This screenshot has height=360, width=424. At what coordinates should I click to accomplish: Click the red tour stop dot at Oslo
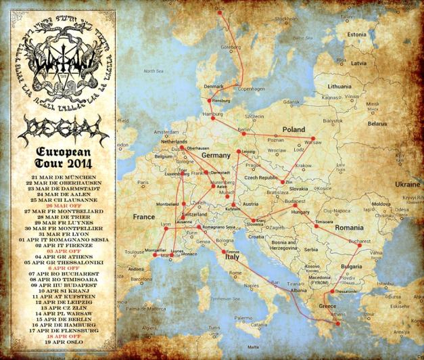(218, 9)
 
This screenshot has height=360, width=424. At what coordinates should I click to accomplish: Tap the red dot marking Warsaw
(312, 139)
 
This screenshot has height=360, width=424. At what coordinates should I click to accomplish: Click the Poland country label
(293, 129)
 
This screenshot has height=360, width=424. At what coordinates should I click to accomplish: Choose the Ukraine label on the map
(407, 183)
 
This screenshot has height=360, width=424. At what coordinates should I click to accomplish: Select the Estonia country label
(356, 35)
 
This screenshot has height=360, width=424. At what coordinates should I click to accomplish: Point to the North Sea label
(154, 70)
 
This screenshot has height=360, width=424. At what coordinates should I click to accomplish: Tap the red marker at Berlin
(242, 133)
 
